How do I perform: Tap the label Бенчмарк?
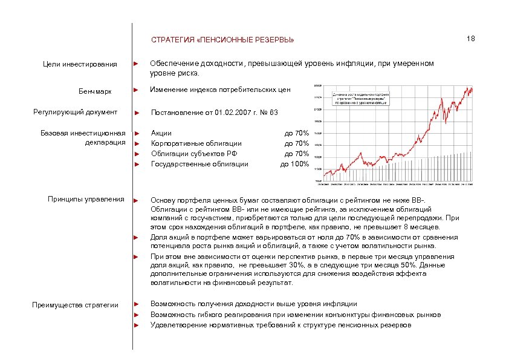click(95, 91)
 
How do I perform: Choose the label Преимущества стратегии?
click(75, 304)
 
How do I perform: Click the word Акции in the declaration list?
click(161, 133)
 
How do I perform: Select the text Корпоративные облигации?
click(196, 143)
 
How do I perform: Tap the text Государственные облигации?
click(199, 164)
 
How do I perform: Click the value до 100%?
click(294, 164)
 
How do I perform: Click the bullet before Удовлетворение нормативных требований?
click(137, 325)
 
